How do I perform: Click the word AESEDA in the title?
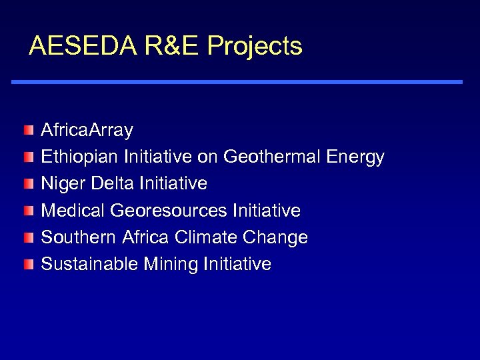tap(81, 46)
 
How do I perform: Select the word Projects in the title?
tap(255, 46)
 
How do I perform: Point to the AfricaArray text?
tap(87, 129)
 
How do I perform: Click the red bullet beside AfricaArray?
tap(27, 129)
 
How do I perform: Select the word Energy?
tap(355, 157)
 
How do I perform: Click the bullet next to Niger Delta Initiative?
tap(27, 183)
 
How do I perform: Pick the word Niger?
tap(61, 183)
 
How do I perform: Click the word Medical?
tap(73, 211)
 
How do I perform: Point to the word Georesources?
tap(169, 211)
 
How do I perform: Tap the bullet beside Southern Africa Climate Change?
tap(27, 237)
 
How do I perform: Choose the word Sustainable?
tap(89, 264)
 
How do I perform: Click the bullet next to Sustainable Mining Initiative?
tap(27, 264)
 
